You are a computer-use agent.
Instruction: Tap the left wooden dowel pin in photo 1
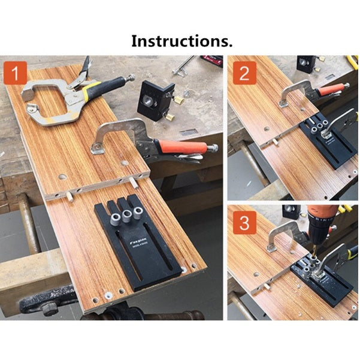point(70,195)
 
